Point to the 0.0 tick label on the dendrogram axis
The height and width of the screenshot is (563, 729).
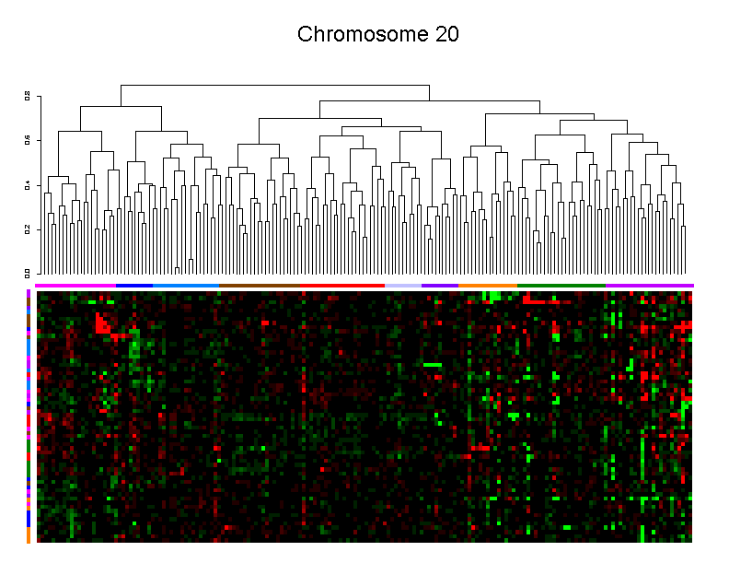pyautogui.click(x=28, y=273)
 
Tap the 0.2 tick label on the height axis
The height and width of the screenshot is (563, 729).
pyautogui.click(x=28, y=229)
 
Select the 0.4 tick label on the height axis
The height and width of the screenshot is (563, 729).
pyautogui.click(x=28, y=184)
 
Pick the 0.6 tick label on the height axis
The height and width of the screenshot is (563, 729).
pyautogui.click(x=28, y=140)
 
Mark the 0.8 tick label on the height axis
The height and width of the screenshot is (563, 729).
pyautogui.click(x=28, y=95)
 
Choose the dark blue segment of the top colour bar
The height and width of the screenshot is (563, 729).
pyautogui.click(x=134, y=286)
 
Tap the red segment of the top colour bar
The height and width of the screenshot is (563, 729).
pyautogui.click(x=350, y=286)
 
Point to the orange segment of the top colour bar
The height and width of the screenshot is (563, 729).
pyautogui.click(x=488, y=286)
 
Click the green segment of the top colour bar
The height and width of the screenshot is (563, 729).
pyautogui.click(x=561, y=286)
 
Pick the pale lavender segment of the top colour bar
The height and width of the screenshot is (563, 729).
pyautogui.click(x=403, y=286)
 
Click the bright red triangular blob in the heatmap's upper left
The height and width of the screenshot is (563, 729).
pyautogui.click(x=102, y=324)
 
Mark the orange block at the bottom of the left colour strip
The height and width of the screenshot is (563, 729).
pyautogui.click(x=29, y=535)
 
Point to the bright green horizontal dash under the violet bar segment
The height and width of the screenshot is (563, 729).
pyautogui.click(x=433, y=365)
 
